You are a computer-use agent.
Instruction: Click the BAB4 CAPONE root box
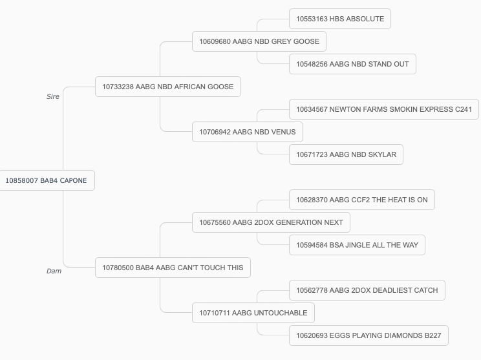[47, 180]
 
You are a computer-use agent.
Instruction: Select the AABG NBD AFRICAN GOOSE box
[168, 87]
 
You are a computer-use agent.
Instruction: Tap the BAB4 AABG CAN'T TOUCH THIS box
[173, 268]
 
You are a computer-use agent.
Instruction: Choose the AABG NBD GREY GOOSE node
[259, 41]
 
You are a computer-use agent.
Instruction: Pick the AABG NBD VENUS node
[247, 132]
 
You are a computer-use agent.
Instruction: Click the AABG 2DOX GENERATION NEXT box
[271, 222]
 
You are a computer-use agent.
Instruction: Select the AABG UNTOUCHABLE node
[253, 313]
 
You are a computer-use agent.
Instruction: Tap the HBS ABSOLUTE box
[340, 19]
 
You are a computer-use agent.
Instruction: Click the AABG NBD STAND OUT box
[352, 64]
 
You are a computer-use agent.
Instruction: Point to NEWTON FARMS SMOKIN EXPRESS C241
[384, 109]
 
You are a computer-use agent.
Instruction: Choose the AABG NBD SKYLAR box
[346, 154]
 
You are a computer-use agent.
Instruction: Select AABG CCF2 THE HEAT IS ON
[361, 200]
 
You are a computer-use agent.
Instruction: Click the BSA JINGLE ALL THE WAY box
[357, 245]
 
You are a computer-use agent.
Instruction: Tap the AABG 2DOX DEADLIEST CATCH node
[367, 290]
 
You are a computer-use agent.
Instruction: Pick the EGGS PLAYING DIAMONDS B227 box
[369, 335]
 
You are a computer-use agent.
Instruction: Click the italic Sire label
[53, 96]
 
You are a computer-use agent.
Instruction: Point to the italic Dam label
[54, 271]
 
